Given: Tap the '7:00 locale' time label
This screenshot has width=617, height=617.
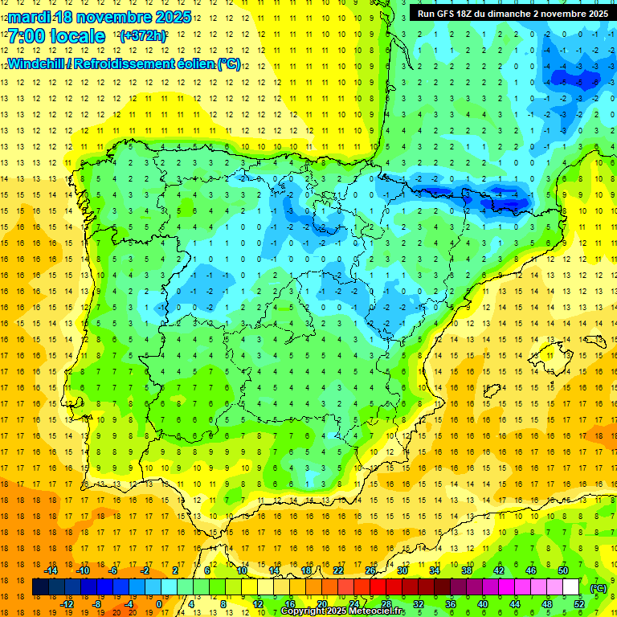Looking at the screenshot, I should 56,36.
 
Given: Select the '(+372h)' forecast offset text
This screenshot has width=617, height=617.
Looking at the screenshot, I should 142,36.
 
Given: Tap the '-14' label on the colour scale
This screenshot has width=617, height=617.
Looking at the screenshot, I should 51,570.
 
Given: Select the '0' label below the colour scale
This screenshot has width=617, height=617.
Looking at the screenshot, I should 159,604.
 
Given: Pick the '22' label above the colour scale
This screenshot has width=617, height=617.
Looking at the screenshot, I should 338,570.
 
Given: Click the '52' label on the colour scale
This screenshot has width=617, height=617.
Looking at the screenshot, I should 579,604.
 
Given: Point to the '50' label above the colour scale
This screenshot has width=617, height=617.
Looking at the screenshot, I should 563,570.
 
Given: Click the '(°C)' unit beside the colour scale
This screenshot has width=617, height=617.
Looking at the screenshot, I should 599,588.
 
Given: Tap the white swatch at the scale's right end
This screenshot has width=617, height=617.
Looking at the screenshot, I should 571,587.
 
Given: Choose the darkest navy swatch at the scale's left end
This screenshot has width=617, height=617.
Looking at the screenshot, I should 40,587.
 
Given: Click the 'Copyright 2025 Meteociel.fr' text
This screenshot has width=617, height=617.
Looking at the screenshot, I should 343,611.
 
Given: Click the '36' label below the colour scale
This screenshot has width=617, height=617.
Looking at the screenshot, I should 451,604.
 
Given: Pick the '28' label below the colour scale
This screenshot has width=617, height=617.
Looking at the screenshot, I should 386,604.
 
